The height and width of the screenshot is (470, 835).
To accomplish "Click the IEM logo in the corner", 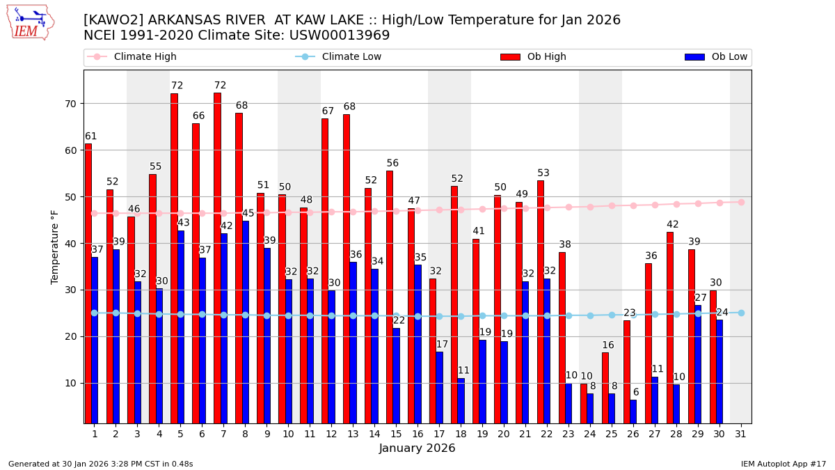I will pos(30,22).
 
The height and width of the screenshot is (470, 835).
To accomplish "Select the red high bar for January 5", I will pos(174,258).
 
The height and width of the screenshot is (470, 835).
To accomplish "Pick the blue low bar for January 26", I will pos(633,412).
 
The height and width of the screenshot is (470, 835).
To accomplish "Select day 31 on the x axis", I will pos(740,434).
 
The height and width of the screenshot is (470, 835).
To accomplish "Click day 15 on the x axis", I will pos(396,434).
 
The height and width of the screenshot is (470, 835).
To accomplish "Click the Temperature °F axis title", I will pos(55,246).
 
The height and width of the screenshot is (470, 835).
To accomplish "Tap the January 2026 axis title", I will pos(417,449).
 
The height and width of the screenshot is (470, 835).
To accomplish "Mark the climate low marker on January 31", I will pos(741,313).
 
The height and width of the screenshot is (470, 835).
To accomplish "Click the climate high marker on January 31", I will pos(741,202).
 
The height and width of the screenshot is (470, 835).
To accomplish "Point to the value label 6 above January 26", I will pos(636,393).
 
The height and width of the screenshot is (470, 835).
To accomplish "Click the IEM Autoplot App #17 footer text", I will pos(783,464).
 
